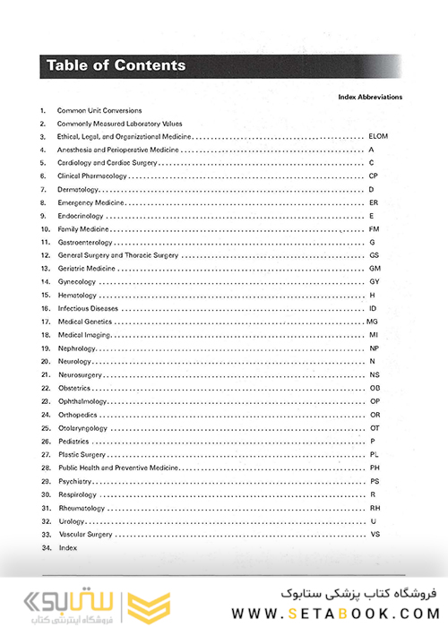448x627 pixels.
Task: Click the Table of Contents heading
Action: coord(116,65)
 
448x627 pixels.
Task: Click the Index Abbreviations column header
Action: coord(370,97)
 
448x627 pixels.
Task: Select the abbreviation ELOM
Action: coord(377,136)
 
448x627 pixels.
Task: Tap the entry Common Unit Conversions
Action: coord(99,110)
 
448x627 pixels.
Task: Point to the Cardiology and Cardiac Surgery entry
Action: coord(108,163)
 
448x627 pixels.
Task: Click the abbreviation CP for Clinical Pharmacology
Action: coord(374,176)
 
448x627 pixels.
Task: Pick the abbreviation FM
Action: coord(375,229)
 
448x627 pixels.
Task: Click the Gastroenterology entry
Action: coord(86,243)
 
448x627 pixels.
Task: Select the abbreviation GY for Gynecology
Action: coord(375,282)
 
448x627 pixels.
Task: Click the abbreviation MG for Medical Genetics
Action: coord(373,322)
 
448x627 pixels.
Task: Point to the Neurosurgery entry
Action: coord(80,374)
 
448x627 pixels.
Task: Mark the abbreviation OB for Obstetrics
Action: coord(375,388)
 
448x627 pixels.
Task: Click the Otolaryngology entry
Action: coord(82,428)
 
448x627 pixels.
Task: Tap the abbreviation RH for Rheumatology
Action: coord(375,508)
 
